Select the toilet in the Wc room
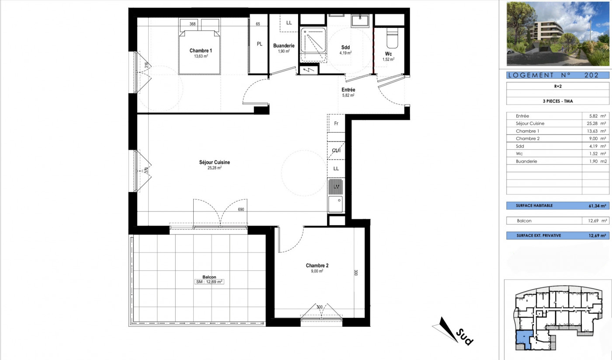pos(392,38)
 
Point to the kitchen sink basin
pos(335,204)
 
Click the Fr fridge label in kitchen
pos(336,124)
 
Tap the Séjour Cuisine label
pos(214,162)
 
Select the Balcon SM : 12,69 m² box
pos(209,282)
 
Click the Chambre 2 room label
pos(317,266)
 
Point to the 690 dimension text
pos(241,210)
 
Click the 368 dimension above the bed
pos(192,24)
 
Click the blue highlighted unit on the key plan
pos(523,339)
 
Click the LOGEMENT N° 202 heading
pos(557,75)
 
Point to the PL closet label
pos(259,44)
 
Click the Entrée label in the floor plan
pos(348,90)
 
